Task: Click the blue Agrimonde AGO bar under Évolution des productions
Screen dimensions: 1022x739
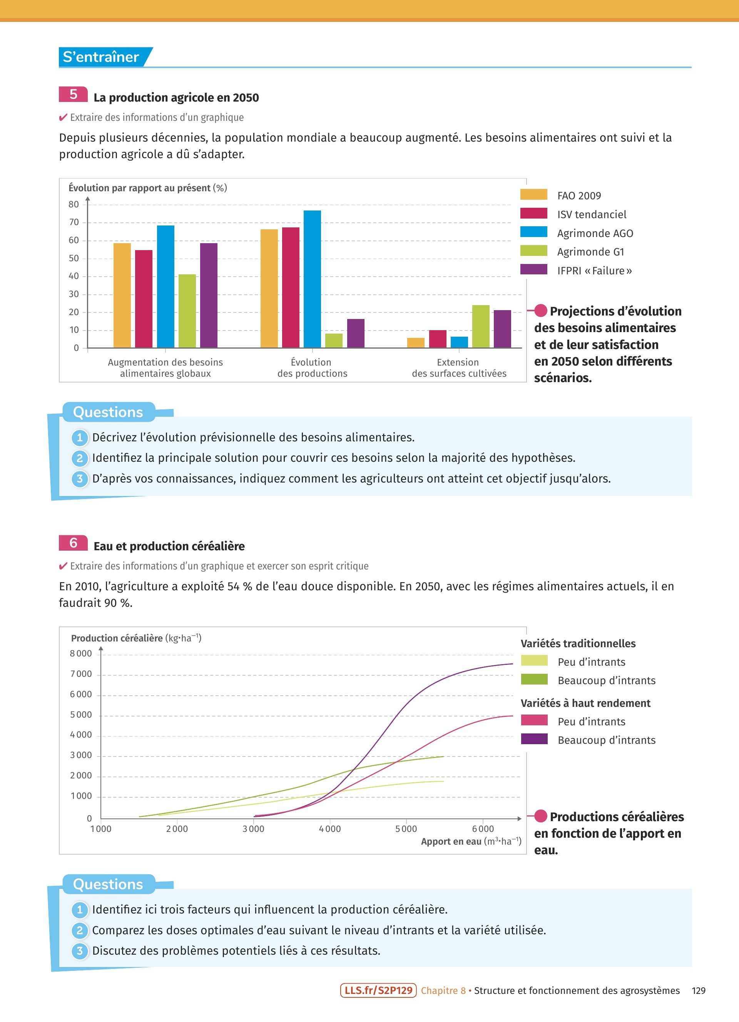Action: pyautogui.click(x=312, y=279)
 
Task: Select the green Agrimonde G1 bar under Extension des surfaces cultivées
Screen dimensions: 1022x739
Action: pyautogui.click(x=480, y=327)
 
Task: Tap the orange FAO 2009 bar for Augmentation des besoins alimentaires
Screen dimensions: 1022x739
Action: pyautogui.click(x=122, y=295)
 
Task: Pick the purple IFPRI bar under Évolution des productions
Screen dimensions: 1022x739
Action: pyautogui.click(x=356, y=334)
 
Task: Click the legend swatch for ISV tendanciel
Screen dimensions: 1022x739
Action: pyautogui.click(x=533, y=214)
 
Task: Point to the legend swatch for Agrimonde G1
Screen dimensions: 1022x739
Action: pyautogui.click(x=533, y=251)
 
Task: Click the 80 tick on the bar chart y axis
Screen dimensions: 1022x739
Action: pyautogui.click(x=74, y=205)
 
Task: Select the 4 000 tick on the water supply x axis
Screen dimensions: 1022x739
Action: pyautogui.click(x=330, y=829)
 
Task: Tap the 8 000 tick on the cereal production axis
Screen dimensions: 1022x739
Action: pyautogui.click(x=81, y=653)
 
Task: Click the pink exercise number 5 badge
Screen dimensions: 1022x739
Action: pyautogui.click(x=73, y=94)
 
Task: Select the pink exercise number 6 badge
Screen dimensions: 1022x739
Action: pyautogui.click(x=73, y=543)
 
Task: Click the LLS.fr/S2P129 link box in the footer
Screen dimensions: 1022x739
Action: pyautogui.click(x=378, y=990)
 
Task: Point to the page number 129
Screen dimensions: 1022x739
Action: pyautogui.click(x=699, y=990)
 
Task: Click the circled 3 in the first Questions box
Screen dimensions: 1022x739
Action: pyautogui.click(x=80, y=479)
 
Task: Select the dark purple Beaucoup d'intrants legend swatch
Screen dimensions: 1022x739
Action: pyautogui.click(x=534, y=739)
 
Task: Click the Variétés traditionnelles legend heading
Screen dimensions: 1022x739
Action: pyautogui.click(x=578, y=643)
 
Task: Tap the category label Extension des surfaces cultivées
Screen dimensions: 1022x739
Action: pyautogui.click(x=459, y=368)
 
